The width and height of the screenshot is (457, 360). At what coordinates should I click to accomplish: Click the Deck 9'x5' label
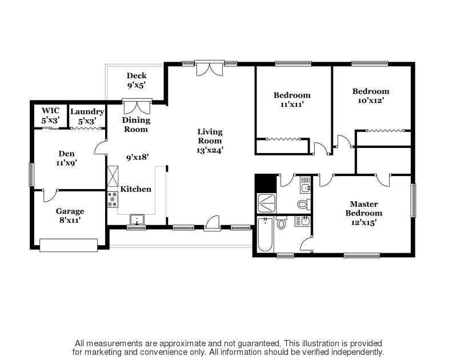point(136,81)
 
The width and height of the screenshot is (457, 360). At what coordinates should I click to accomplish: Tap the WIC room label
point(50,115)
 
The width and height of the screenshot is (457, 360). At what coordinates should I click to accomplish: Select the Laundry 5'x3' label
point(87,116)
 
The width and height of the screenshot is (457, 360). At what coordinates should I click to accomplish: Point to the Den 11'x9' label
point(66,158)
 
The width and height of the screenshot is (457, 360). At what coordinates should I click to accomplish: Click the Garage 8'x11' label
point(70,215)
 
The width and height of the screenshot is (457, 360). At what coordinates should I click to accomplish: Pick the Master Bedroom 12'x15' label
point(364,213)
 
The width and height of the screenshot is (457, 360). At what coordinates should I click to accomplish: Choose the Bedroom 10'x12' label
point(371,96)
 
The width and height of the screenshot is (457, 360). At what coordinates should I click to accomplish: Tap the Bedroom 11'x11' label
point(292,99)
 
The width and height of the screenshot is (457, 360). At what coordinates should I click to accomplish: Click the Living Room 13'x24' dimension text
point(210,150)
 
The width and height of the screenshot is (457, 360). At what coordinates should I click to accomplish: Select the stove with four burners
point(113,199)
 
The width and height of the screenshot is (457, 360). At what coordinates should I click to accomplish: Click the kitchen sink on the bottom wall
point(137,220)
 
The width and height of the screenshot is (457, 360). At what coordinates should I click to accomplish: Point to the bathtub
point(265,234)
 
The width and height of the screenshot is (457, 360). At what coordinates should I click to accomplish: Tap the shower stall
point(266,203)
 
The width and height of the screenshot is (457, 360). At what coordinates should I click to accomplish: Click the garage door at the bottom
point(69,245)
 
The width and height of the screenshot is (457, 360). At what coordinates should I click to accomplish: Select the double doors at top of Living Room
point(210,68)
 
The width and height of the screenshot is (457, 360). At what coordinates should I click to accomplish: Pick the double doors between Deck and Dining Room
point(137,106)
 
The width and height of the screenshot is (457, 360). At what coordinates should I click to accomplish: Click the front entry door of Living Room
point(211,223)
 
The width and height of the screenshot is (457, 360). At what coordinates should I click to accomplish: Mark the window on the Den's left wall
point(31,175)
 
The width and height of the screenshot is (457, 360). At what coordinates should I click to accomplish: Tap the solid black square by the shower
point(266,183)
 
